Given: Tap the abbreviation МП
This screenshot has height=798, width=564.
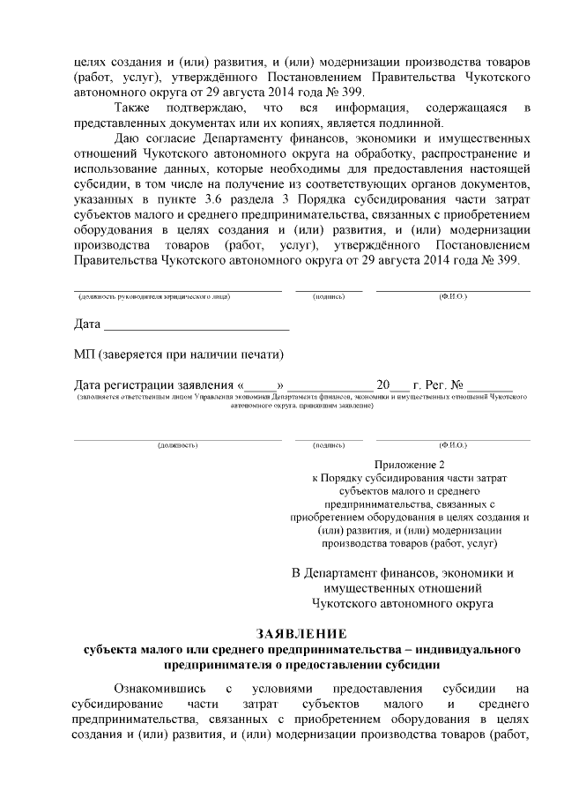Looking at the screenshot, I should point(85,354).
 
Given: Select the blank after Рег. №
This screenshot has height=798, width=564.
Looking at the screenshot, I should point(490,385).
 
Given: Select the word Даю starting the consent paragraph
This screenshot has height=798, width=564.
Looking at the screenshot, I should point(129,138).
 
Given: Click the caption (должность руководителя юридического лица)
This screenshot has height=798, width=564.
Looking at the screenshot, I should point(153,296).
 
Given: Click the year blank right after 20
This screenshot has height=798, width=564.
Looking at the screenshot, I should point(399,385).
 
